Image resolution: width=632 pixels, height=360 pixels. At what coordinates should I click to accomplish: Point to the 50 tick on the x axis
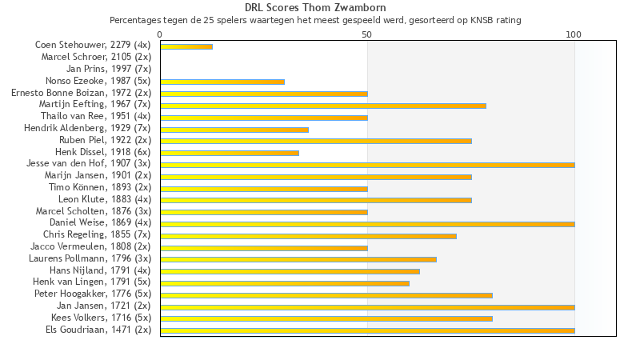pyautogui.click(x=367, y=34)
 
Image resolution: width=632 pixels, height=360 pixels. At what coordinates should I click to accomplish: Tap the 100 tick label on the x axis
pyautogui.click(x=574, y=34)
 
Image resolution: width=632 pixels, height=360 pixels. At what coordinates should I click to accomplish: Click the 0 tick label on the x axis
pyautogui.click(x=160, y=34)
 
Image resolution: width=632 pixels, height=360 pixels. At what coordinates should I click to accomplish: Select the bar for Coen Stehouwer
pyautogui.click(x=186, y=46)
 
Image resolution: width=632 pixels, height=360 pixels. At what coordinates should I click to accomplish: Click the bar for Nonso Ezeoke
pyautogui.click(x=222, y=82)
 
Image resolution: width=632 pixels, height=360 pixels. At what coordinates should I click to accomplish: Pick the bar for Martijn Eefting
pyautogui.click(x=323, y=106)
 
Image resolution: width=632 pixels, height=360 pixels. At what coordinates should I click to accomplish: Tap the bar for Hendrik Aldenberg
pyautogui.click(x=234, y=129)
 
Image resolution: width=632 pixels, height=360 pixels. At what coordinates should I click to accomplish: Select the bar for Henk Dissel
pyautogui.click(x=230, y=153)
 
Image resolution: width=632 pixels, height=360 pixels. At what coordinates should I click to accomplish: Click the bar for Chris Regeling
pyautogui.click(x=308, y=236)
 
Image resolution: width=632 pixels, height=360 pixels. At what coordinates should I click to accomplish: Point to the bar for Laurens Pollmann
pyautogui.click(x=298, y=259)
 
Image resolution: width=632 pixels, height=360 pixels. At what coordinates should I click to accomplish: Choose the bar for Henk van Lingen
pyautogui.click(x=285, y=282)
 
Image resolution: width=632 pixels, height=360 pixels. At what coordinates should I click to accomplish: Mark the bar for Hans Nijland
pyautogui.click(x=290, y=271)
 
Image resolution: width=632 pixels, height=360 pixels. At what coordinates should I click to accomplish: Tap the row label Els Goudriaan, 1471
pyautogui.click(x=98, y=330)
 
